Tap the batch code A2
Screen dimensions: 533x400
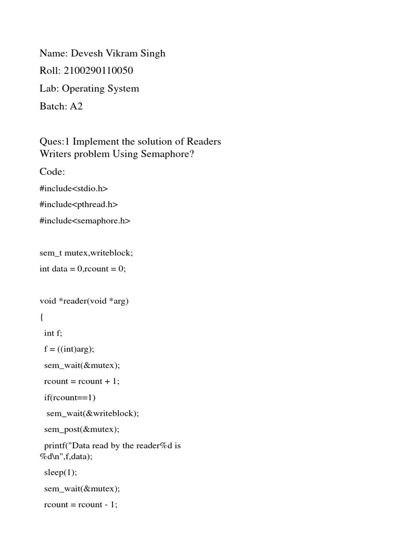coord(77,106)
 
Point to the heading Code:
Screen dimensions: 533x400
coord(53,172)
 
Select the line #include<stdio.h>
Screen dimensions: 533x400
coord(73,188)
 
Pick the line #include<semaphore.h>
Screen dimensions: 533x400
coord(85,221)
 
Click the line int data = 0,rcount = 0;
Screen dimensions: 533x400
coord(83,269)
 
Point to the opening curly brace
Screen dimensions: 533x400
coord(42,317)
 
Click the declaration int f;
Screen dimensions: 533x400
coord(54,333)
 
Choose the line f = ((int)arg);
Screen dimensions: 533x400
coord(69,349)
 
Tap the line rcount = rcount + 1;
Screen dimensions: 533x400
coord(82,381)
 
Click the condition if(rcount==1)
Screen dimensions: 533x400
coord(70,397)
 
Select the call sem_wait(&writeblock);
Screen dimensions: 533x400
coord(93,413)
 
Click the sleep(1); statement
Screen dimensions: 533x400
coord(60,472)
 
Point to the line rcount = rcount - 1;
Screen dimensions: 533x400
coord(81,504)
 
